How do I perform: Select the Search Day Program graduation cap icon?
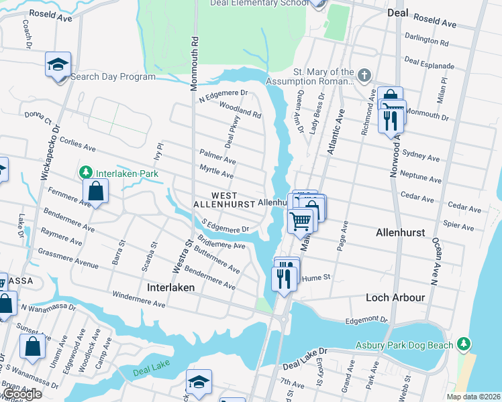point(58,65)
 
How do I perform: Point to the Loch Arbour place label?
point(395,297)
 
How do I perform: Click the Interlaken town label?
point(170,287)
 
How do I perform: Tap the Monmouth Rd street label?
point(195,56)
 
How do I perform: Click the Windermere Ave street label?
point(139,299)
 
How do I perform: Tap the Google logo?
point(22,394)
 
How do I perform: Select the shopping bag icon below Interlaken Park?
point(96,192)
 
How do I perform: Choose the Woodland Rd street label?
point(240,111)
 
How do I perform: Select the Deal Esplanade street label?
point(430,65)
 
